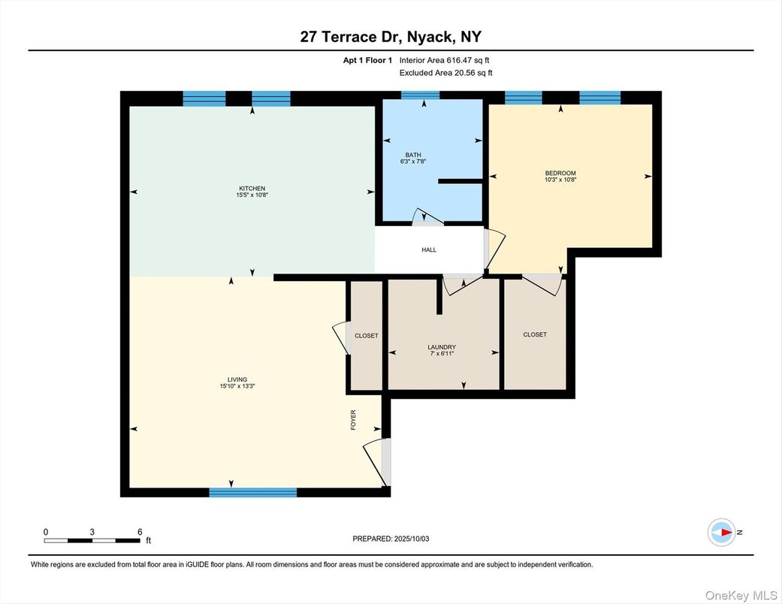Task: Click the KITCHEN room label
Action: coord(252,189)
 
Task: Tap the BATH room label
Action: coord(413,155)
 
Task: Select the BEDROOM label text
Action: coord(560,173)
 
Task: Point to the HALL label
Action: coord(429,250)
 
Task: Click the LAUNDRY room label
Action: coord(442,347)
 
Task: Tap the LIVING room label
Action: coord(237,379)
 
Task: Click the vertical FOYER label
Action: coord(353,420)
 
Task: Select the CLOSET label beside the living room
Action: coord(367,336)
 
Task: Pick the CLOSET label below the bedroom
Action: coord(535,334)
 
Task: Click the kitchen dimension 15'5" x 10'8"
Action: coord(252,195)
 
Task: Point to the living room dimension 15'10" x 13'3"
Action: coord(237,386)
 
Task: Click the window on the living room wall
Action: coord(253,493)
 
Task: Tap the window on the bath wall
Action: coord(421,95)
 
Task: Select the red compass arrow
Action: coord(726,532)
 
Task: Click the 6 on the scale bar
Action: coord(140,532)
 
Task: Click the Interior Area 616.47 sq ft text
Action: coord(445,60)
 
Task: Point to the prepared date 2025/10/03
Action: coord(412,539)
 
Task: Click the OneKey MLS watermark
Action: coord(741,596)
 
